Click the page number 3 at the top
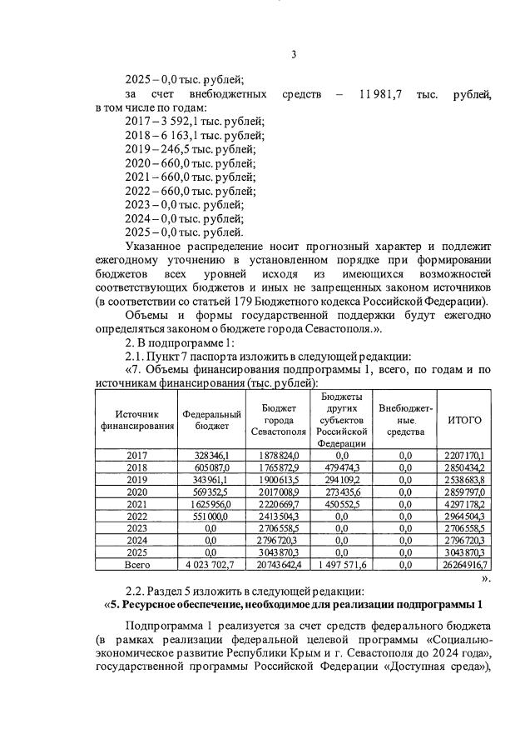(x=294, y=56)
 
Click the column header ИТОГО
(x=465, y=420)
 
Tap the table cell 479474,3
(x=342, y=469)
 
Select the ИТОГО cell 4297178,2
(x=465, y=504)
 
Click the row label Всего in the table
(x=136, y=564)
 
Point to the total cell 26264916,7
(x=465, y=564)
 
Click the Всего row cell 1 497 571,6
(x=342, y=564)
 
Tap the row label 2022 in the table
(x=136, y=517)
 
